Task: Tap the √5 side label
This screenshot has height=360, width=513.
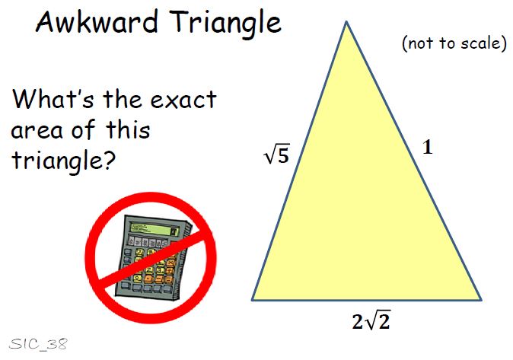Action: pyautogui.click(x=277, y=155)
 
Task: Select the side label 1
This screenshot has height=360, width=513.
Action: pyautogui.click(x=428, y=147)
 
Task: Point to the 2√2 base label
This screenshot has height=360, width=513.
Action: pyautogui.click(x=371, y=320)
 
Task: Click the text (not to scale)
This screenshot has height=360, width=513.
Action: pyautogui.click(x=454, y=43)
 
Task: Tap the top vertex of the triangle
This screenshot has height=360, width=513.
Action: pyautogui.click(x=346, y=21)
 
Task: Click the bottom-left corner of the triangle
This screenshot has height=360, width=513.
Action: pyautogui.click(x=252, y=299)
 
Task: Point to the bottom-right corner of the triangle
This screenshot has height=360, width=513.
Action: pyautogui.click(x=481, y=299)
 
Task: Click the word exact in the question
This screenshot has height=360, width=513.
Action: pyautogui.click(x=183, y=100)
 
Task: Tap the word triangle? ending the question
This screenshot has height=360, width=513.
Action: pyautogui.click(x=63, y=161)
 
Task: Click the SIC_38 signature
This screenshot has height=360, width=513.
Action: pyautogui.click(x=38, y=344)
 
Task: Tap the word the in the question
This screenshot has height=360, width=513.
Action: pyautogui.click(x=123, y=98)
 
